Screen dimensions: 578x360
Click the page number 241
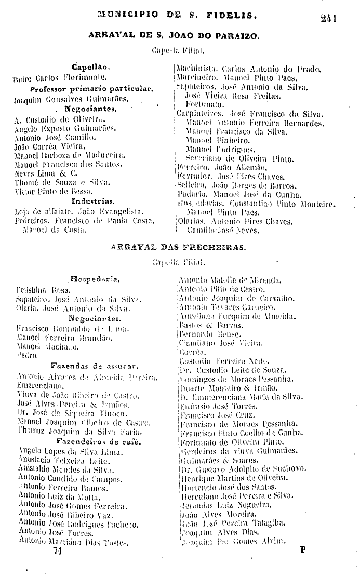click(x=329, y=19)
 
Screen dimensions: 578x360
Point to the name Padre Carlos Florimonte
click(x=59, y=78)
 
